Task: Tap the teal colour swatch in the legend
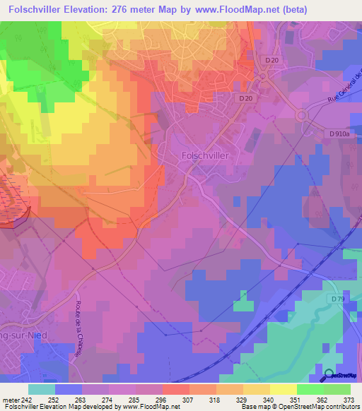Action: coord(42,389)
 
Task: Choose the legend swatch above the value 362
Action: coord(310,389)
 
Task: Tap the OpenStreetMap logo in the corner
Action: coord(340,376)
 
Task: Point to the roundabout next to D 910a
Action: coord(303,115)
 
